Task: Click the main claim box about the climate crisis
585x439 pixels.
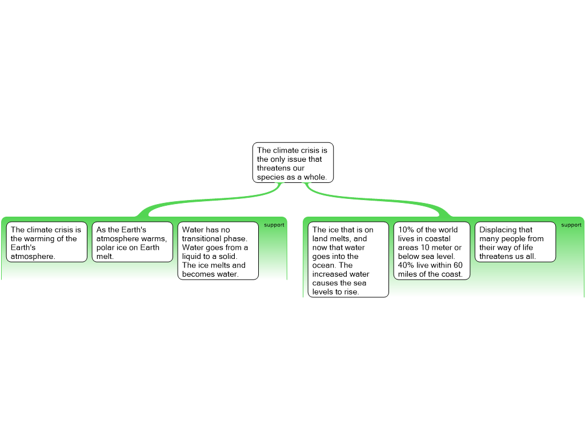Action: [x=293, y=163]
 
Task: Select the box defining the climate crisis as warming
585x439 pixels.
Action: [x=47, y=242]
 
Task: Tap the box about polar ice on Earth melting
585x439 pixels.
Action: [x=132, y=242]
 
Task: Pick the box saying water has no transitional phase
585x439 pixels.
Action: [x=218, y=251]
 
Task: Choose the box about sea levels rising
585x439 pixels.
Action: [x=348, y=261]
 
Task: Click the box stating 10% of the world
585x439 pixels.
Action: [x=431, y=251]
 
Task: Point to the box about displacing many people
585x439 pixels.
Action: [x=515, y=242]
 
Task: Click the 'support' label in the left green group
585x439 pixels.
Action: [x=274, y=225]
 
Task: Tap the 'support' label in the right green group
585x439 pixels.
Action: [x=571, y=225]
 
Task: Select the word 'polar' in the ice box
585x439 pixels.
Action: [x=105, y=248]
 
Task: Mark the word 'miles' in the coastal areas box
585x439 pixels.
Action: [x=408, y=274]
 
